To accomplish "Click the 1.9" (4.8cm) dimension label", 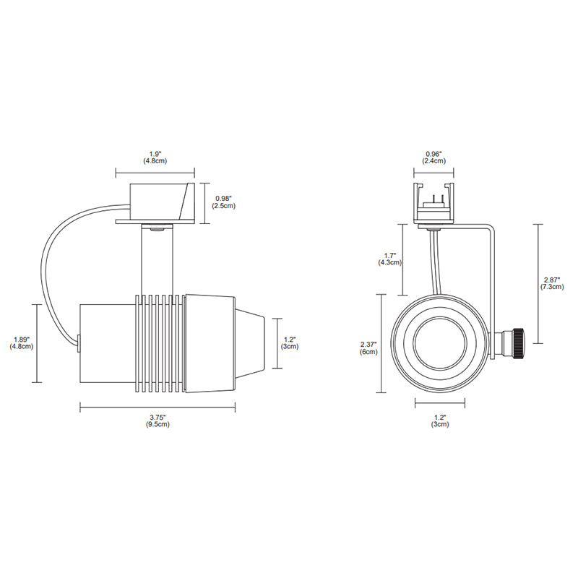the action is (x=155, y=158).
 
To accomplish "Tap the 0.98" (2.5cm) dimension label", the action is (x=223, y=202).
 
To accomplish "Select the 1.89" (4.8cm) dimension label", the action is (x=22, y=342).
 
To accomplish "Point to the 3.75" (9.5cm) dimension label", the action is (x=158, y=420).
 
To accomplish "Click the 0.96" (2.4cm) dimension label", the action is (x=434, y=158).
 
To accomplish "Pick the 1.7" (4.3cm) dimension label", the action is (x=389, y=259).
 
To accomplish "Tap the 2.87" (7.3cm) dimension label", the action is (x=552, y=283).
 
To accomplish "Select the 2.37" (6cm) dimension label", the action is (x=368, y=348).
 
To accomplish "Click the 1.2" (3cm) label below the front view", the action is (x=440, y=420).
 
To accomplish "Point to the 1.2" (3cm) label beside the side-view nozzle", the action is (x=290, y=342).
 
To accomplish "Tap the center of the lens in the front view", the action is (x=440, y=342).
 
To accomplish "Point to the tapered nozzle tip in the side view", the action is (x=250, y=343).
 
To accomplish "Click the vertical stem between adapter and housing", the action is (x=157, y=260).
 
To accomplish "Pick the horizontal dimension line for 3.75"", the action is (x=158, y=407).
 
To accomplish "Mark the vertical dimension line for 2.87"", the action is (x=538, y=284).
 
